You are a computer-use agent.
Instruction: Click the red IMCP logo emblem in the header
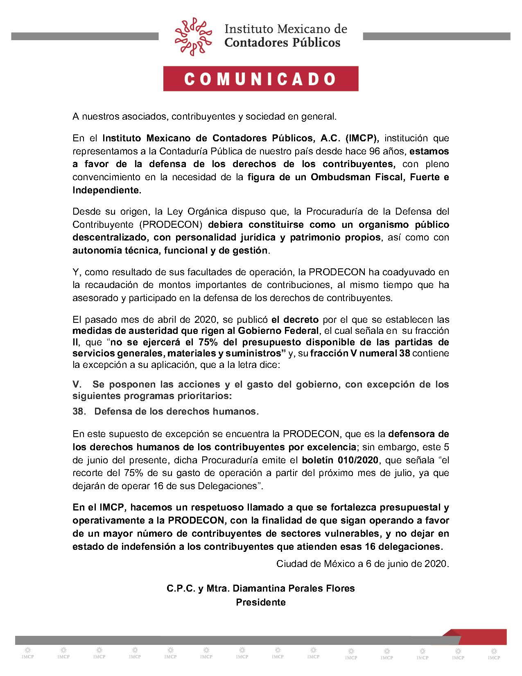(194, 36)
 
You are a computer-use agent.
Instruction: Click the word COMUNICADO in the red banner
(261, 79)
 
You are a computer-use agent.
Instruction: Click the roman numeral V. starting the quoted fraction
(77, 384)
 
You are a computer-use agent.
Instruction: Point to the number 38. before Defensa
(79, 411)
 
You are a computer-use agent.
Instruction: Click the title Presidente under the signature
(260, 602)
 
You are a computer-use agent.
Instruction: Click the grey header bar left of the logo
(85, 36)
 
